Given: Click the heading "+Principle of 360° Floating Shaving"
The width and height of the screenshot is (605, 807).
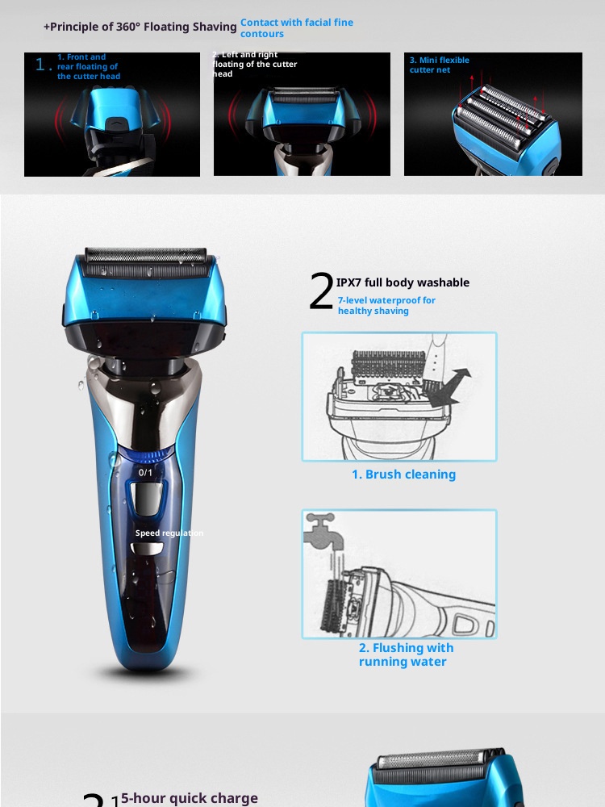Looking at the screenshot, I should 140,27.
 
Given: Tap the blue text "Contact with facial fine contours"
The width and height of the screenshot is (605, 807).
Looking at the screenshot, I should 296,28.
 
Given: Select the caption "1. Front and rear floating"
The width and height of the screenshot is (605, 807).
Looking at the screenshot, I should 88,66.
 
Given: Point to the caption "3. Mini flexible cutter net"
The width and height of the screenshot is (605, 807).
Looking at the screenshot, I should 439,65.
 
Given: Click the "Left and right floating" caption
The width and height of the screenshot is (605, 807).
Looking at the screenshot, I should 255,65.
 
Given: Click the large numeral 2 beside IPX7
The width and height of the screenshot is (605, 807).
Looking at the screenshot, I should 321,292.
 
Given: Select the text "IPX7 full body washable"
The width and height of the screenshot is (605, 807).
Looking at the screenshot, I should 403,282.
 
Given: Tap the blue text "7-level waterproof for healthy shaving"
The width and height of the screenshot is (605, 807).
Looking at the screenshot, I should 386,305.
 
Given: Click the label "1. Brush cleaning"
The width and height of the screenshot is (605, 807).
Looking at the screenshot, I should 403,475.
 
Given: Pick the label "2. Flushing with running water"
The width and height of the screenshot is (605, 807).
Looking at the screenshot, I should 406,654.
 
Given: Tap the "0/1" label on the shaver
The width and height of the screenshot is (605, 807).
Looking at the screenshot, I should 145,472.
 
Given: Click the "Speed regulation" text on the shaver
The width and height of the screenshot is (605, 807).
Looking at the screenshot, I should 169,533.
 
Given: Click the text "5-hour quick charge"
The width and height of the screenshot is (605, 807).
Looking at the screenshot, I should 189,798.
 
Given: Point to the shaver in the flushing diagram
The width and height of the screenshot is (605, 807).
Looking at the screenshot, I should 403,601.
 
